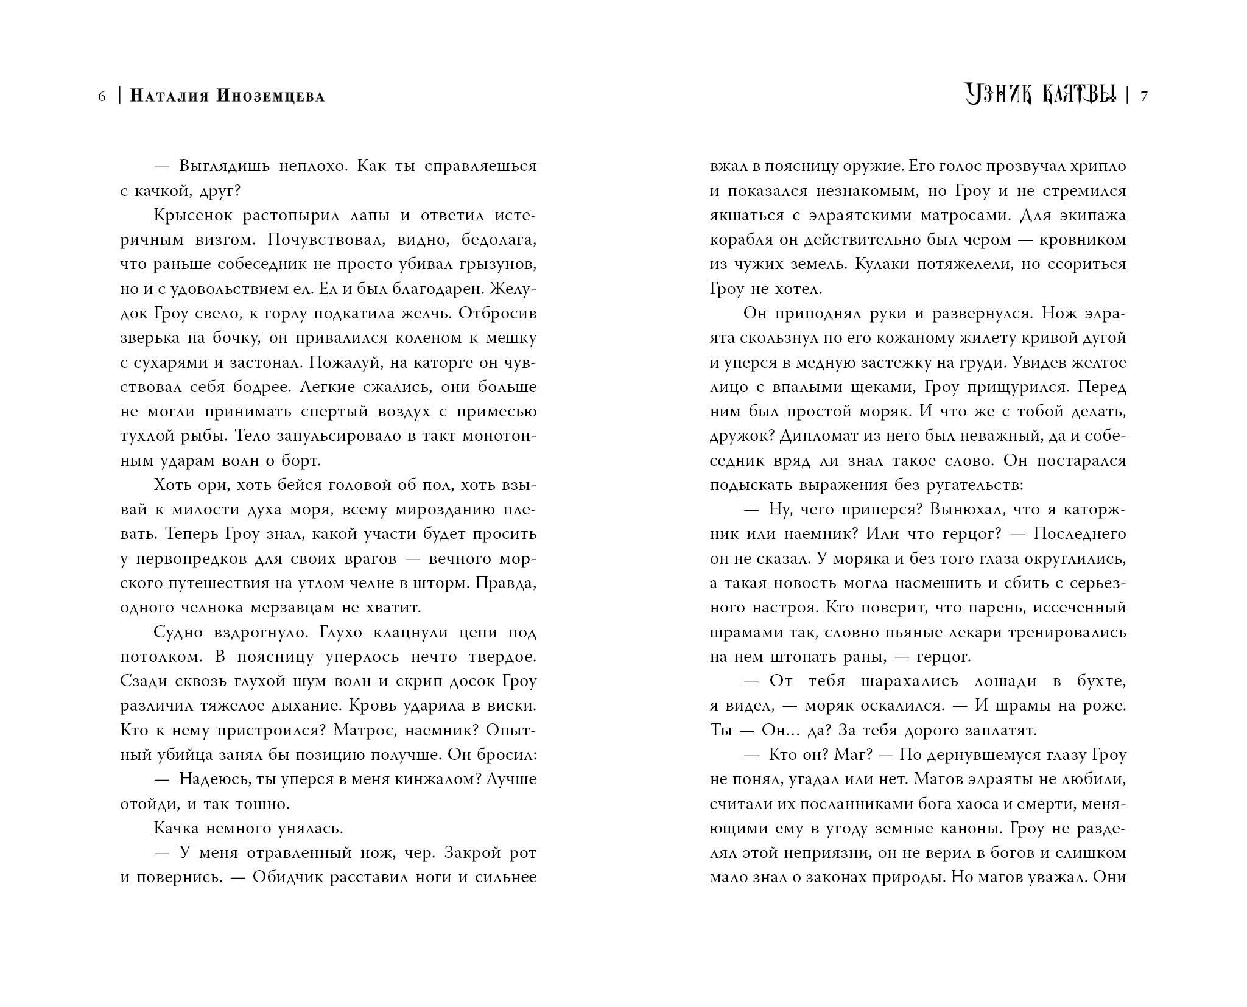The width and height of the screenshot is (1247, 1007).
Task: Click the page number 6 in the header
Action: click(102, 96)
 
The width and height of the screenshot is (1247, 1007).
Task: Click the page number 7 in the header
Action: click(1144, 96)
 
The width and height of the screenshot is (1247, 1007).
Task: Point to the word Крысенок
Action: click(193, 216)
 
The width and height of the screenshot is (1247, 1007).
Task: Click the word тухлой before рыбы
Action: click(147, 436)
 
